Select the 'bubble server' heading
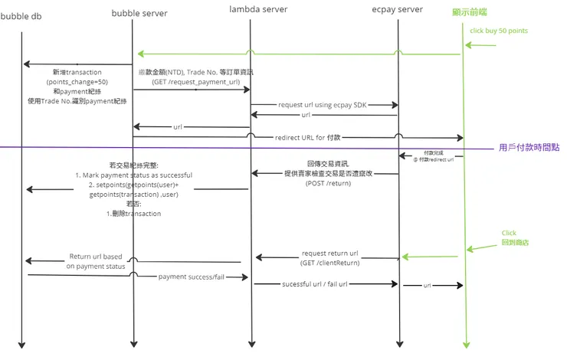click(x=139, y=13)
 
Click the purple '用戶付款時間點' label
click(x=529, y=147)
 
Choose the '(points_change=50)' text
click(x=77, y=82)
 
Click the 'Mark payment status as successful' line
click(x=134, y=175)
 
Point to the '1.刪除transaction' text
click(x=133, y=214)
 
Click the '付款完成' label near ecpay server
click(x=434, y=153)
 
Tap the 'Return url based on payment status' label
click(x=95, y=262)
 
